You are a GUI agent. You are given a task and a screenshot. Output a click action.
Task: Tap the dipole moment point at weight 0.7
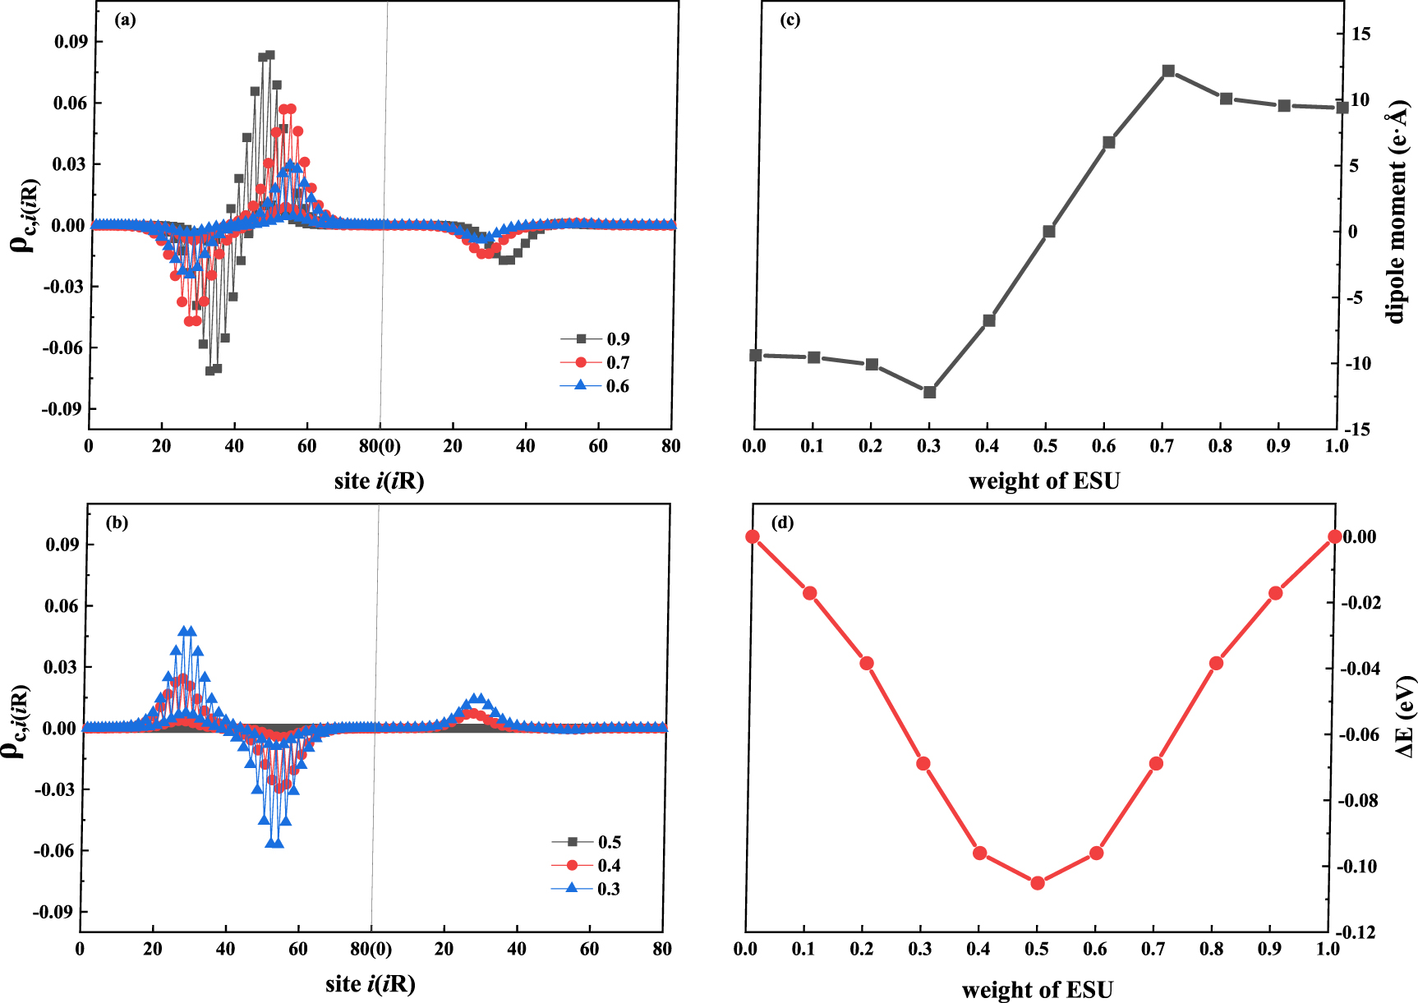(x=1168, y=71)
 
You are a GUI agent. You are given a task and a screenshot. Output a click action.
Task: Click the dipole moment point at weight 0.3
(x=930, y=393)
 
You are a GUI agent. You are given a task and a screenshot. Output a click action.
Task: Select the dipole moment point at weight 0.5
(x=1049, y=232)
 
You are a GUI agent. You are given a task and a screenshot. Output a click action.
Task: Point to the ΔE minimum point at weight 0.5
(x=1038, y=883)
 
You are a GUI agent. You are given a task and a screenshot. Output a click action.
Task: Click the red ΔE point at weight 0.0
(x=753, y=536)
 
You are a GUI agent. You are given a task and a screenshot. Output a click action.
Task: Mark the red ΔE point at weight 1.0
(x=1335, y=536)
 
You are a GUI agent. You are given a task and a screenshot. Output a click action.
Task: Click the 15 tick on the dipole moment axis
(x=1360, y=34)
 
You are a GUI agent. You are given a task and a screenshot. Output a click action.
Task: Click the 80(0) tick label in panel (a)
(x=380, y=446)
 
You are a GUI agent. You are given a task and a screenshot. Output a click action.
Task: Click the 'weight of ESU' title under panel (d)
(x=1037, y=989)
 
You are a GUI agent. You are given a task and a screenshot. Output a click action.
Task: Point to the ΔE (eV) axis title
(x=1404, y=716)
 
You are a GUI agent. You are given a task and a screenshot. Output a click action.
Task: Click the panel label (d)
(x=782, y=522)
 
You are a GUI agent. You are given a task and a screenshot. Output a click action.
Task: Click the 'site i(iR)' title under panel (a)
(x=379, y=481)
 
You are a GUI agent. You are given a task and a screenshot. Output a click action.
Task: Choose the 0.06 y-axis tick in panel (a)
(x=70, y=103)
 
